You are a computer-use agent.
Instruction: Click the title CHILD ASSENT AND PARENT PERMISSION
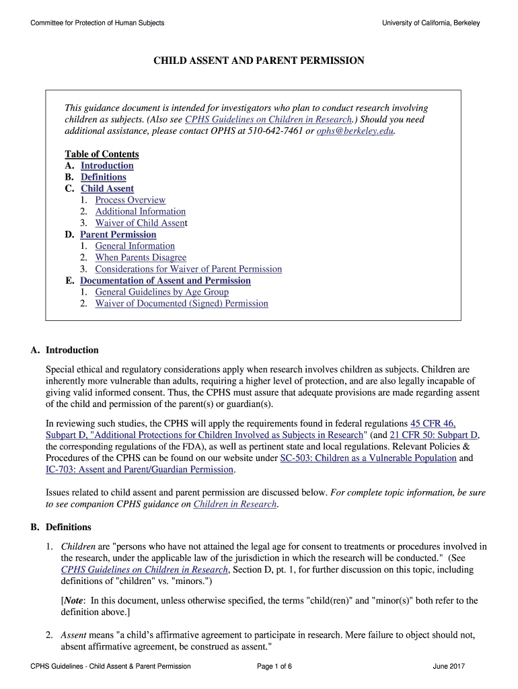259,61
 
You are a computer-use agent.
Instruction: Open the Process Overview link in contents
130,200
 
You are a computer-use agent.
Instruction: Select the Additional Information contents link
140,211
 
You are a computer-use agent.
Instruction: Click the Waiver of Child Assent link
140,223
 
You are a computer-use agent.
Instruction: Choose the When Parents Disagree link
141,258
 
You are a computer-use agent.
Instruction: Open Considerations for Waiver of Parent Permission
188,269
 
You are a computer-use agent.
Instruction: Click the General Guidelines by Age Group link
161,292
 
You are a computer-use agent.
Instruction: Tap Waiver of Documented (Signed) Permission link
181,303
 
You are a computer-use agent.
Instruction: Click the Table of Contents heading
102,154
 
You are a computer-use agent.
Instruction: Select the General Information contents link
135,246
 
